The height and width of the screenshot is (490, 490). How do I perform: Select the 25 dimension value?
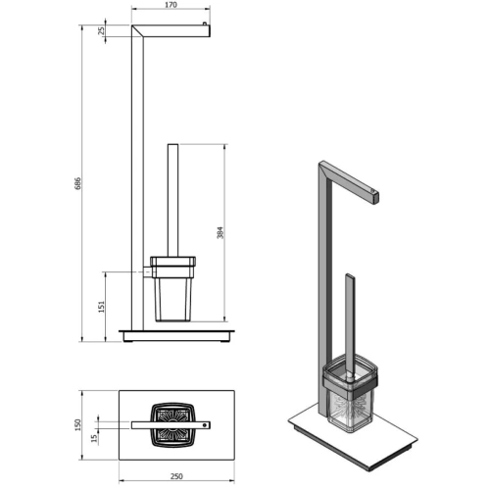[102, 31]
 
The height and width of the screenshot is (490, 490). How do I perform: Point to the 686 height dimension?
[78, 184]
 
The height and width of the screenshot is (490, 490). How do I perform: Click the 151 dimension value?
[102, 306]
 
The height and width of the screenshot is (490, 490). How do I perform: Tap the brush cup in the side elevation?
[172, 294]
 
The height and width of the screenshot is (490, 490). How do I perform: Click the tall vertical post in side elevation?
[135, 176]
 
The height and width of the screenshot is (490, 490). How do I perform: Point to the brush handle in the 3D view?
[350, 314]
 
